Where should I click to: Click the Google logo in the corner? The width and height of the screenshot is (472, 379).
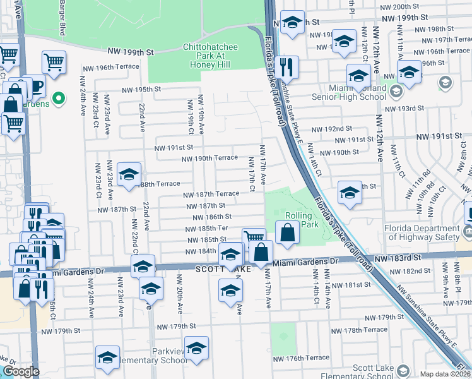click(21, 371)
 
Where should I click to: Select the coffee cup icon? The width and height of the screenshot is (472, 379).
click(36, 85)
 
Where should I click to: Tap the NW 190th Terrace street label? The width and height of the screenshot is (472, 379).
click(209, 158)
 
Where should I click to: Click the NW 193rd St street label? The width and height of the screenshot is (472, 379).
click(404, 109)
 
